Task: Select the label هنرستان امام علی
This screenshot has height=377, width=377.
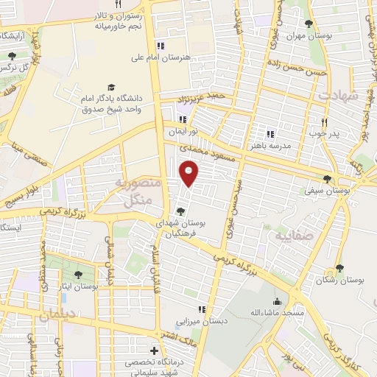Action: pyautogui.click(x=160, y=57)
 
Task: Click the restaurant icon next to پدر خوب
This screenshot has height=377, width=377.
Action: pyautogui.click(x=323, y=122)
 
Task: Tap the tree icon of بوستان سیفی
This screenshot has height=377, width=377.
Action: pyautogui.click(x=327, y=179)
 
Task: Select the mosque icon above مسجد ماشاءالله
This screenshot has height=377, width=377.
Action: pyautogui.click(x=277, y=301)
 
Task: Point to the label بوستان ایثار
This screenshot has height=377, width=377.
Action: pyautogui.click(x=77, y=286)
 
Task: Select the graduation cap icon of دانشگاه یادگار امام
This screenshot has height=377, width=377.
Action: pyautogui.click(x=111, y=88)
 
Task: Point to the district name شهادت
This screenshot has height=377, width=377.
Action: pyautogui.click(x=343, y=96)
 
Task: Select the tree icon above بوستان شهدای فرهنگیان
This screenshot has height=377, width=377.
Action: pyautogui.click(x=180, y=211)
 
